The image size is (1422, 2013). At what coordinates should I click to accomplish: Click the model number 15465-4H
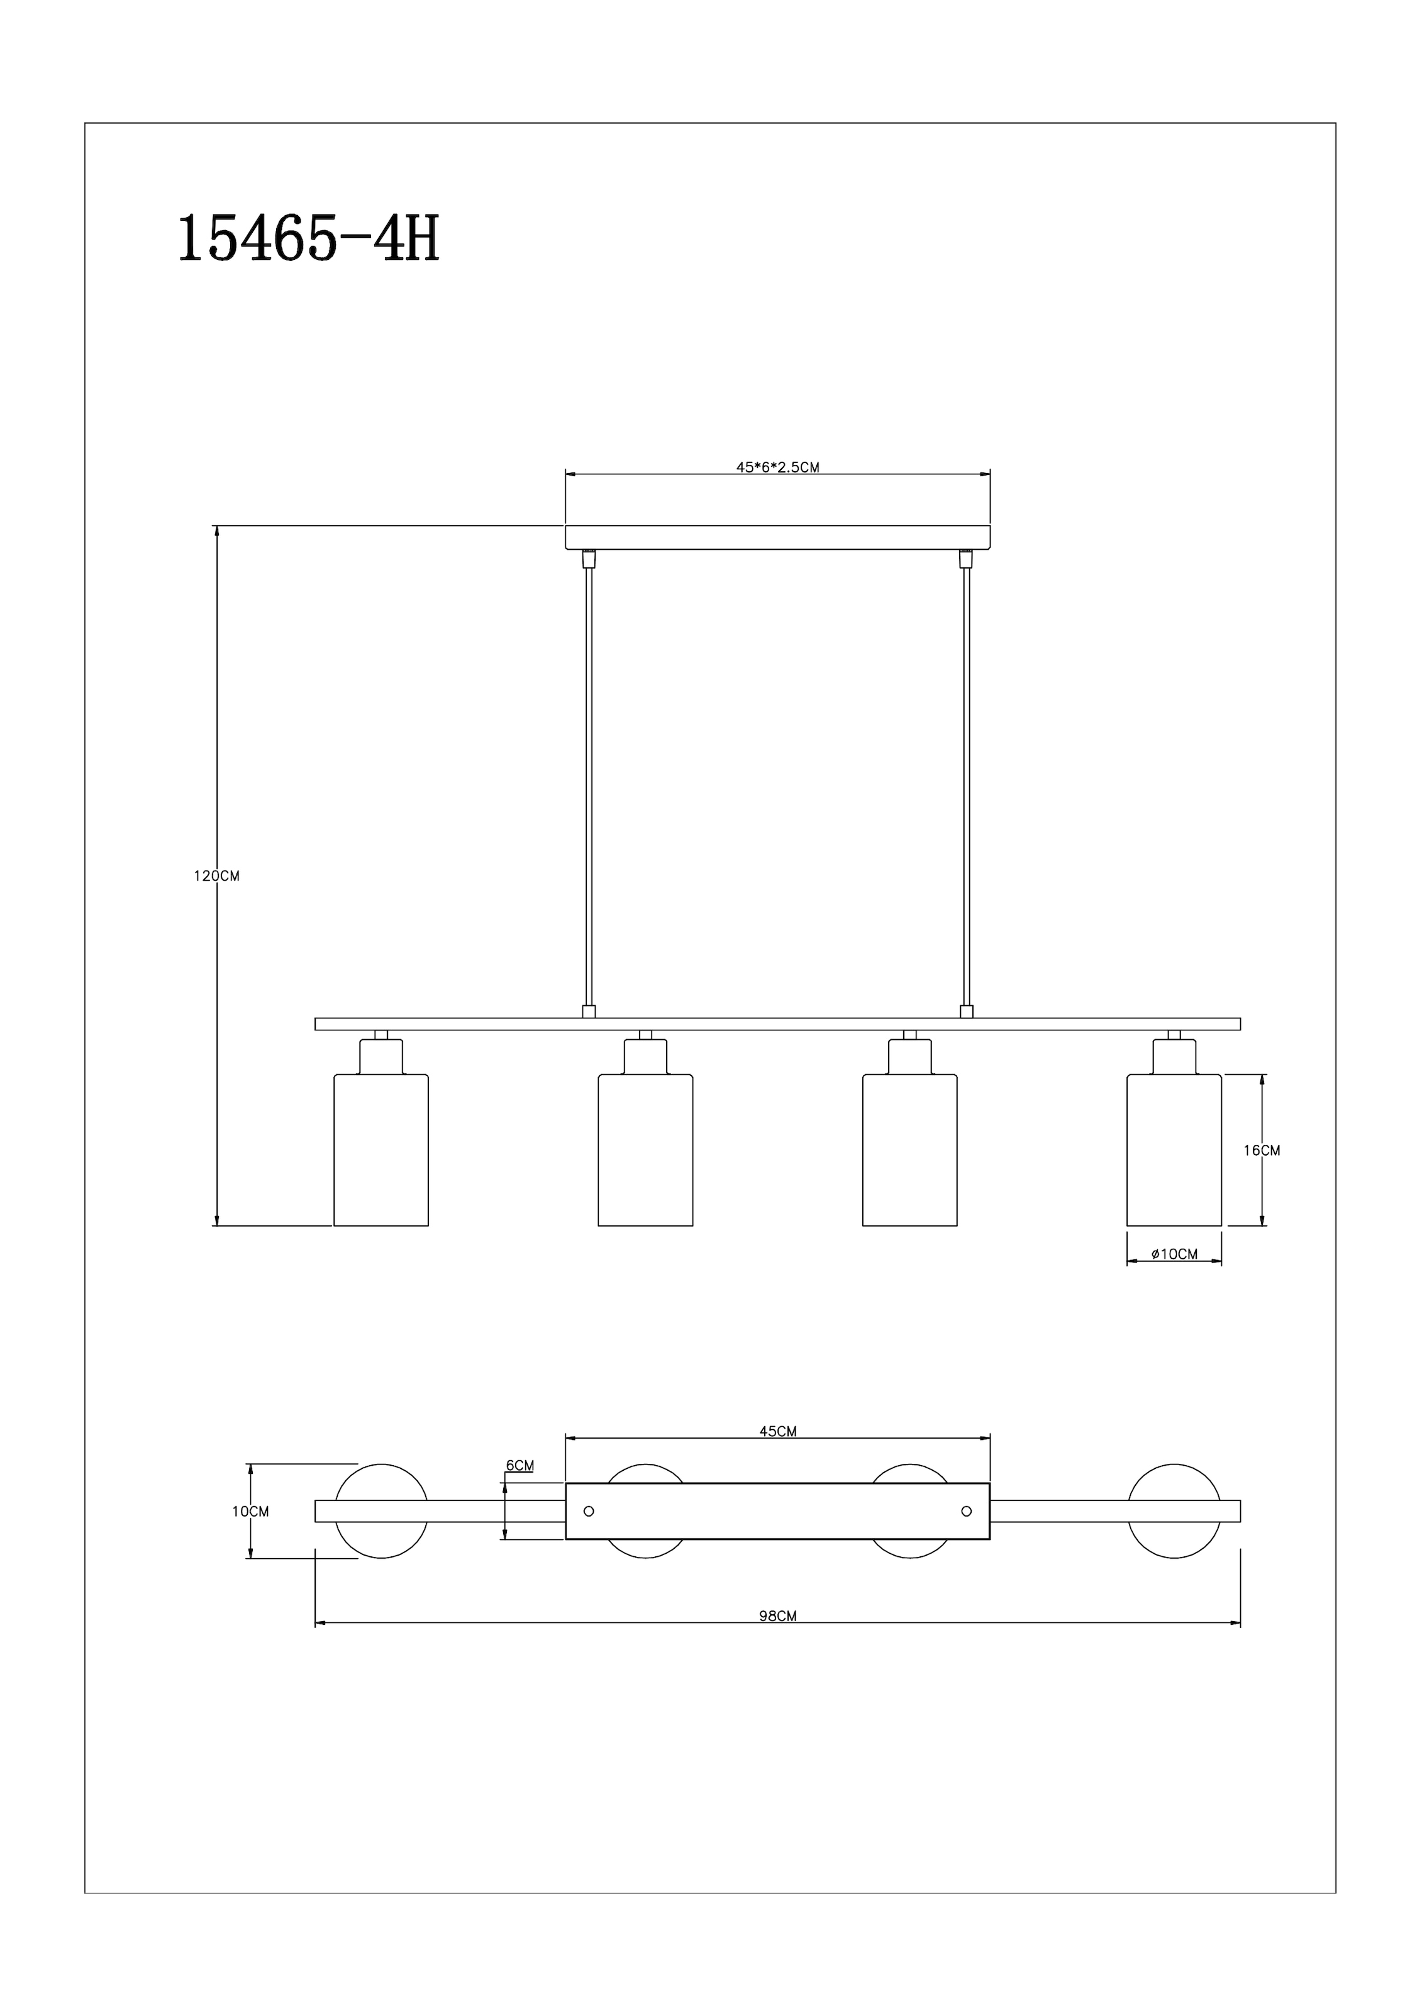click(309, 239)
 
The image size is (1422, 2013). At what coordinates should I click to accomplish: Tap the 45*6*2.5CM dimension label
click(777, 467)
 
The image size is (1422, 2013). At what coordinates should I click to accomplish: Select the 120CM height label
click(216, 876)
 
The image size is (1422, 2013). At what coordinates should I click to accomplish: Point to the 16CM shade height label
click(1262, 1151)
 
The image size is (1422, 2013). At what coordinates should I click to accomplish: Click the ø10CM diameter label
click(1175, 1254)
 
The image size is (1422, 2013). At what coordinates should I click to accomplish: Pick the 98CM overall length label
click(777, 1616)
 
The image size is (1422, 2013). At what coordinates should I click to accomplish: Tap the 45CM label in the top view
click(777, 1432)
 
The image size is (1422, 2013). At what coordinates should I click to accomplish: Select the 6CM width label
click(520, 1465)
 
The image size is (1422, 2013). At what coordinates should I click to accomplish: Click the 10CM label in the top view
click(251, 1512)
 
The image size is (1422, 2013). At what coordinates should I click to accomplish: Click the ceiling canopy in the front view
click(777, 537)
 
